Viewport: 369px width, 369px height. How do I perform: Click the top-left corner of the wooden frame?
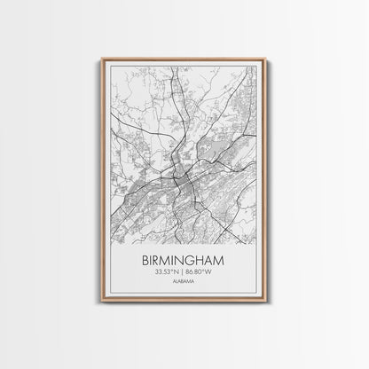pyautogui.click(x=102, y=59)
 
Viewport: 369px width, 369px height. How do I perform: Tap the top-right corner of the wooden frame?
pyautogui.click(x=266, y=59)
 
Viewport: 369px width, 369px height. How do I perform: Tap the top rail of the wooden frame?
pyautogui.click(x=184, y=59)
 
